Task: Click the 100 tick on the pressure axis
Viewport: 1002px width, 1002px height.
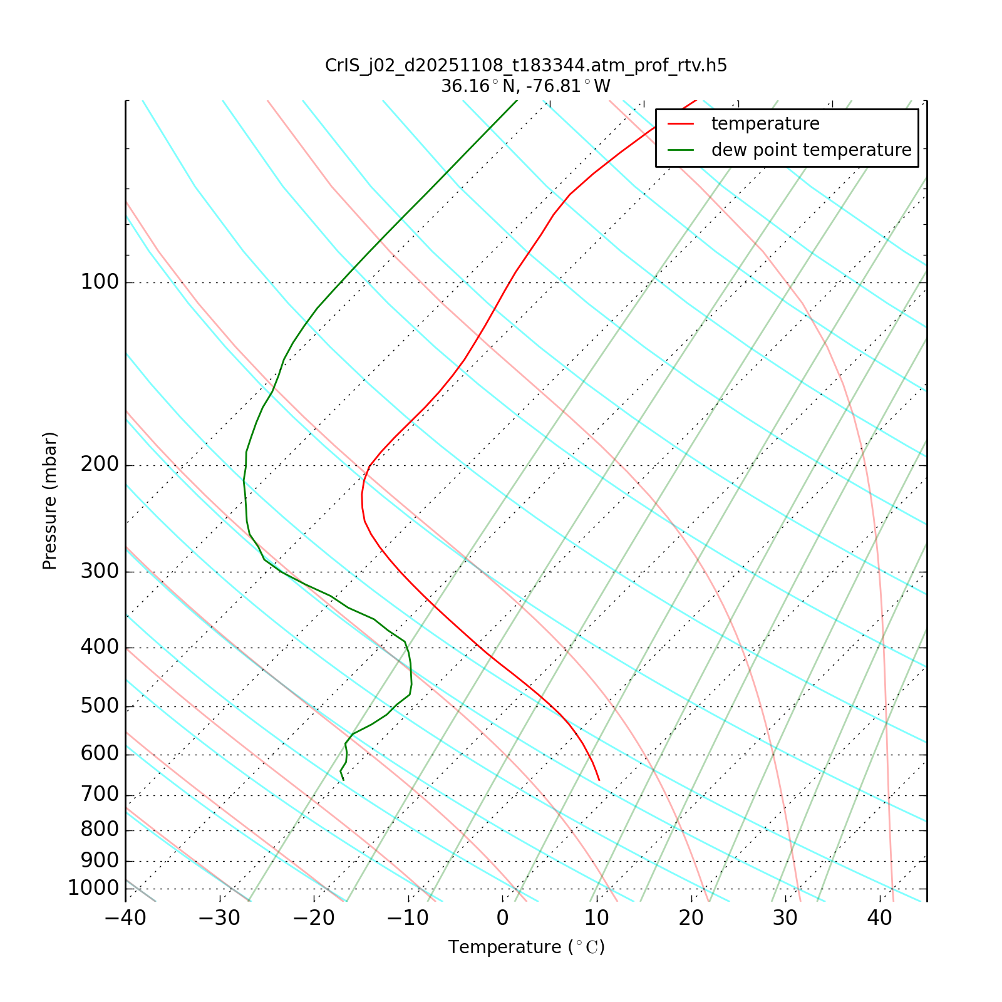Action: tap(100, 282)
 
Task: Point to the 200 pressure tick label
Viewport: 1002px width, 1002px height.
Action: tap(100, 465)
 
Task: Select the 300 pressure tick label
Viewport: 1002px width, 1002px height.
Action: tap(100, 572)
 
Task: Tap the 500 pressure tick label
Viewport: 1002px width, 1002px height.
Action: tap(100, 706)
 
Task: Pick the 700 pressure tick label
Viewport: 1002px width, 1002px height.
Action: tap(100, 795)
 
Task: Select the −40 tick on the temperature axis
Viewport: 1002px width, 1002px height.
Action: tap(125, 918)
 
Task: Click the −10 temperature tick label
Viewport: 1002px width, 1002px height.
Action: tap(408, 918)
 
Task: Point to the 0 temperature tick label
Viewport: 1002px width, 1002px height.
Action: tap(503, 918)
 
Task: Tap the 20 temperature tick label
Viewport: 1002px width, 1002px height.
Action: tap(691, 918)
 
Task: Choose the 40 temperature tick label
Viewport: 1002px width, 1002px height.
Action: tap(879, 918)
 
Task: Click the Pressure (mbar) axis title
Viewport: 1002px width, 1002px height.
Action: tap(50, 501)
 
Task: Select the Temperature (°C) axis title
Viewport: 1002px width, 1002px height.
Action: tap(526, 948)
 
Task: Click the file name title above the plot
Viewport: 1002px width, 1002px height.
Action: tap(526, 66)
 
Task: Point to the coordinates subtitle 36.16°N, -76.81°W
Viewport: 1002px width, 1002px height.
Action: tap(526, 86)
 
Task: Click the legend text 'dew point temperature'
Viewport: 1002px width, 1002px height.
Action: tap(811, 150)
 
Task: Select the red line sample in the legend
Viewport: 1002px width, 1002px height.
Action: tap(681, 124)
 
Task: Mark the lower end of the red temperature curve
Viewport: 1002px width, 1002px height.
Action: tap(599, 780)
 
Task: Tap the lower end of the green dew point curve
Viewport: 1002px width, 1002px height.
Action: tap(343, 780)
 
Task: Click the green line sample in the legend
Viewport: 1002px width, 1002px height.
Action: tap(681, 150)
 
